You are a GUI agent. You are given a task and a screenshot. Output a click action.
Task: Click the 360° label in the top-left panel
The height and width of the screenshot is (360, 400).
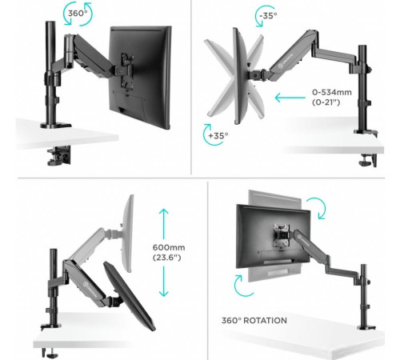tap(78, 13)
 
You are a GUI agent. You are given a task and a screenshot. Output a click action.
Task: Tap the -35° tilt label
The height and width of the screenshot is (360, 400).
tap(268, 16)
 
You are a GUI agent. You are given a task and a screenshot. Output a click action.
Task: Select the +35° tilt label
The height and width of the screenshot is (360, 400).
tap(218, 136)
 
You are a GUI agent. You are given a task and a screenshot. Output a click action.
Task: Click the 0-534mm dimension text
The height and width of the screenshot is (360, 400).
tap(332, 92)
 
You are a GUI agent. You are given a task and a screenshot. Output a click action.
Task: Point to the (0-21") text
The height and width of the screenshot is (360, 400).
tap(326, 102)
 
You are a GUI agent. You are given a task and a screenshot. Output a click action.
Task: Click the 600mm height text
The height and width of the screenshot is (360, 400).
tap(169, 247)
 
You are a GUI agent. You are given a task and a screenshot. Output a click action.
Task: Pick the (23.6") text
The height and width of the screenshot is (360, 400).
tap(167, 258)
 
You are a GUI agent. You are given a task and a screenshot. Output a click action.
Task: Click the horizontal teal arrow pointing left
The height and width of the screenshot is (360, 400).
tap(290, 98)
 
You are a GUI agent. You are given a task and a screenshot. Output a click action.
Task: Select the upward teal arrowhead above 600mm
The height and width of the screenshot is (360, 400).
tap(164, 212)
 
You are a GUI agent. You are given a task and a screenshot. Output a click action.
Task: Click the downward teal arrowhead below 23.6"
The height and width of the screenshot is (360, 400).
tap(164, 293)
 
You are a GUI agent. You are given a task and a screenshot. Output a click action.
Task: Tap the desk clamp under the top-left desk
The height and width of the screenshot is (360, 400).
tap(59, 155)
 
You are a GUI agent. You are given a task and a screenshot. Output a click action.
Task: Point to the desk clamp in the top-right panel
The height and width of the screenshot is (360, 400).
tap(368, 160)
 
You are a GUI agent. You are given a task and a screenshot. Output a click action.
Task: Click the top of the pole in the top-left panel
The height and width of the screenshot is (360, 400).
tap(50, 22)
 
